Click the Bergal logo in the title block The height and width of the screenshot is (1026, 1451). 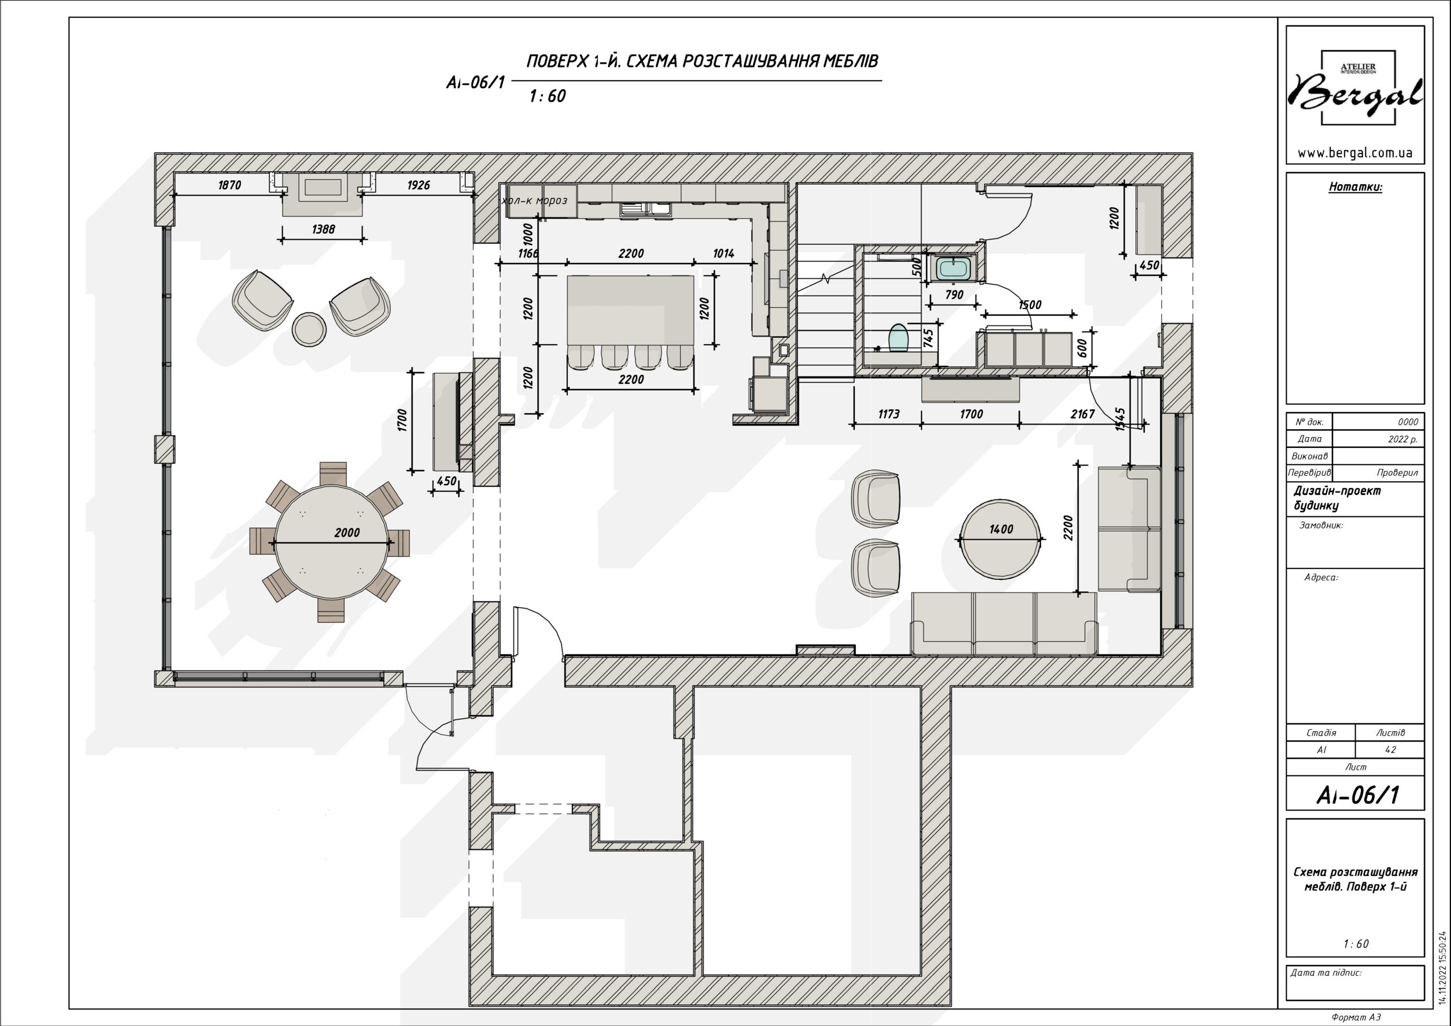coord(1355,88)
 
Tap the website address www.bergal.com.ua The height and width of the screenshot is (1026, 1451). coord(1355,153)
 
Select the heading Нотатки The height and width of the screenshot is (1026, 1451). coord(1356,187)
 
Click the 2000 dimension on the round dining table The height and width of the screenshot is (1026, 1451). coord(347,533)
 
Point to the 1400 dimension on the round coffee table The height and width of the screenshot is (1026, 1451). coord(1001,529)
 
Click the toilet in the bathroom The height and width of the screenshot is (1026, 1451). coord(898,338)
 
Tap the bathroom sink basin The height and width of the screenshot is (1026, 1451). coord(952,268)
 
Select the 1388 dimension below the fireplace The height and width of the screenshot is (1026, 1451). coord(323,230)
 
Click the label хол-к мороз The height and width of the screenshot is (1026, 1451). coord(534,201)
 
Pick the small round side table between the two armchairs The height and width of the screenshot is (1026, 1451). coord(309,329)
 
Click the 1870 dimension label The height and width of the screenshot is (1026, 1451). coord(230,185)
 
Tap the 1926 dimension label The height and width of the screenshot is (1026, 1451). coord(418,185)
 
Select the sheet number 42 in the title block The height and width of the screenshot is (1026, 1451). coord(1390,750)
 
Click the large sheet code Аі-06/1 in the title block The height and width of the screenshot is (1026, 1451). coord(1356,795)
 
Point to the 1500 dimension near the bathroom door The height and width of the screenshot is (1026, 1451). coord(1029,305)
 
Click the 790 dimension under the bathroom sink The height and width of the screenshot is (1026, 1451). coord(954,295)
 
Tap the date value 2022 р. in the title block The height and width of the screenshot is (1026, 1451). coord(1403,439)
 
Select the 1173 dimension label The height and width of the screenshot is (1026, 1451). coord(889,414)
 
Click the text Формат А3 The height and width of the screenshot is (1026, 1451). coord(1356,1017)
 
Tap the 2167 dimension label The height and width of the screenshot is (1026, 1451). coord(1083,414)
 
